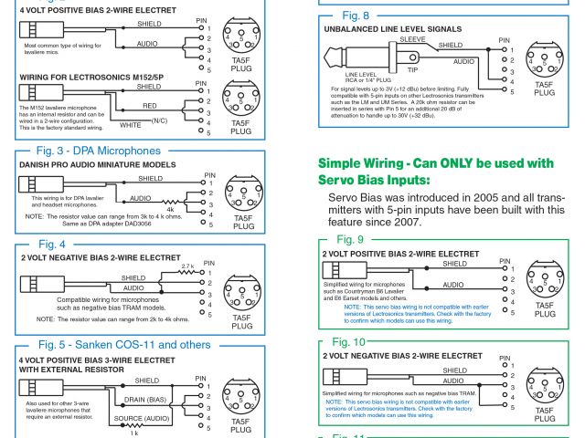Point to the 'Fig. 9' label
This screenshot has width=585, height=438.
(x=349, y=238)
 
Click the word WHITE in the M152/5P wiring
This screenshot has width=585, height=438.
(x=131, y=123)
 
